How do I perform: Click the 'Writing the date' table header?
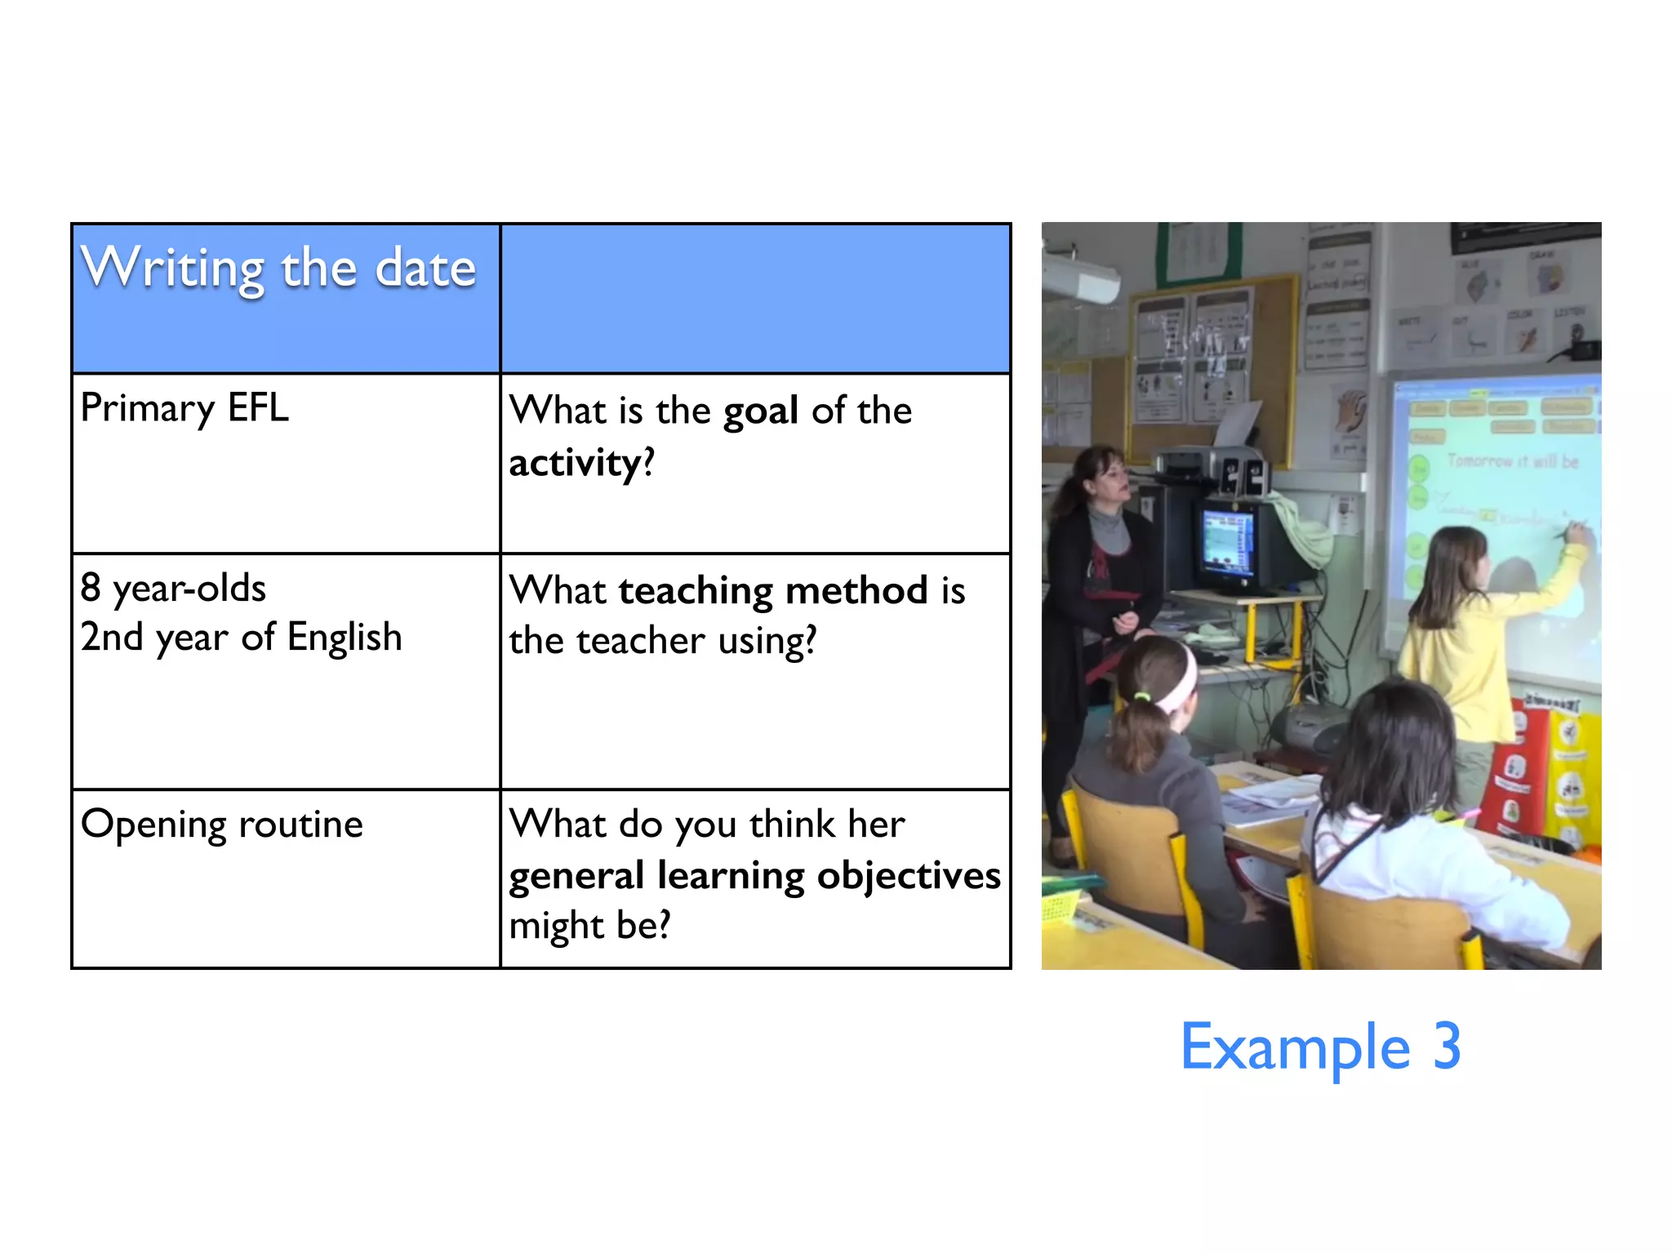tap(278, 269)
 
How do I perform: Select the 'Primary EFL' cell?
tap(185, 408)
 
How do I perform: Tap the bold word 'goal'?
tap(760, 411)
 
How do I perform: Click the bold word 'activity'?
tap(576, 463)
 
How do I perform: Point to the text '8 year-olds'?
tap(173, 588)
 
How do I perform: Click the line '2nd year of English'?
tap(241, 638)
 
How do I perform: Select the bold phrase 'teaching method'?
tap(773, 590)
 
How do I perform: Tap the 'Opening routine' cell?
tap(222, 825)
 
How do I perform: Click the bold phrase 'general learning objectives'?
tap(754, 876)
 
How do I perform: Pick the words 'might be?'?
tap(589, 926)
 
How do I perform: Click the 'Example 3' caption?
tap(1320, 1047)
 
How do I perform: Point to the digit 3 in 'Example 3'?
tap(1447, 1047)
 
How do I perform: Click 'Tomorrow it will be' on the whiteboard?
tap(1512, 461)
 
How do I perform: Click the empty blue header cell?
tap(755, 298)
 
